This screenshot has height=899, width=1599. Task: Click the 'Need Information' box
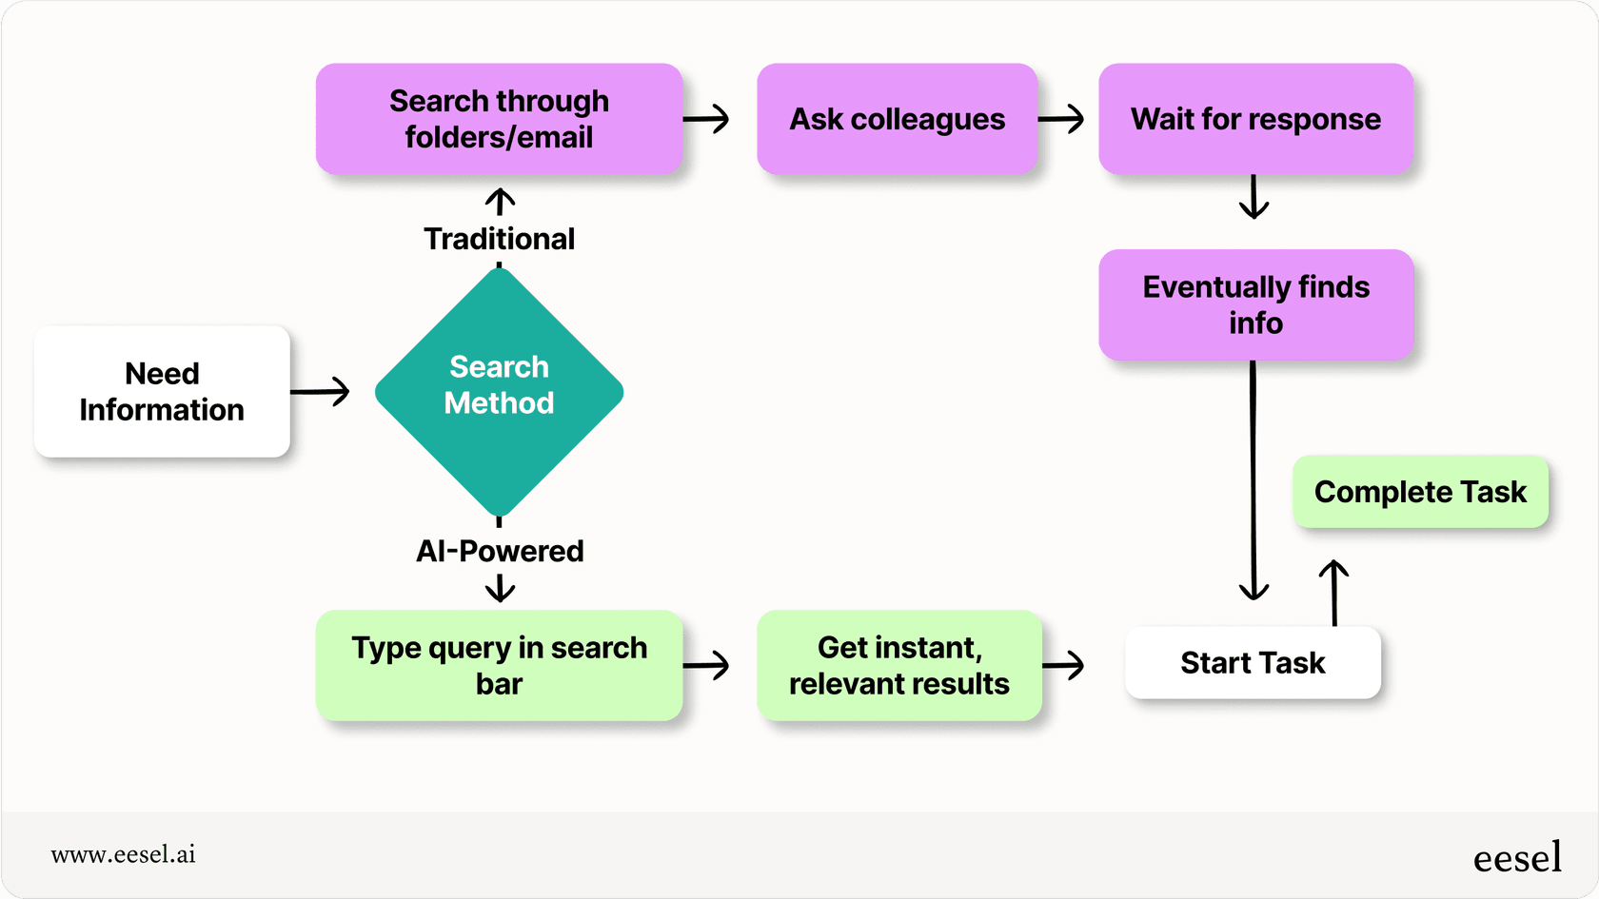[162, 391]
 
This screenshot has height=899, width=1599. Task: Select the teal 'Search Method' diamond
[499, 391]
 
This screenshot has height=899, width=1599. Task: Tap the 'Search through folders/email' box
[499, 119]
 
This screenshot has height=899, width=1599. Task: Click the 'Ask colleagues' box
[897, 119]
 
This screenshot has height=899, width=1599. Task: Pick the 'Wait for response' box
[1255, 119]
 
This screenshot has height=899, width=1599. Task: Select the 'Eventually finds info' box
[1255, 304]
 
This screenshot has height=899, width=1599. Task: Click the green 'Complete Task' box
[1420, 492]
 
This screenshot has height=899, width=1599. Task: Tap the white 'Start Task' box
[1253, 662]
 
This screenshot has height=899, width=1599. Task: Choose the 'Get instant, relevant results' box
[898, 665]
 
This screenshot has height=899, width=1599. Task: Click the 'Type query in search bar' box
[499, 665]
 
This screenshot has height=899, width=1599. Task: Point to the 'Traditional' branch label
[499, 239]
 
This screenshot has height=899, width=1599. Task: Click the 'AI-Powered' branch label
[499, 551]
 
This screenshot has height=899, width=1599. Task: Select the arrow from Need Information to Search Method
[321, 391]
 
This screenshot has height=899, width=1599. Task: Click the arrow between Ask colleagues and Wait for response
[1061, 119]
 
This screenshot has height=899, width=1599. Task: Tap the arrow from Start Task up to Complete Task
[1333, 592]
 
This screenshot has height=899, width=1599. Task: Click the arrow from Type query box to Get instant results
[706, 665]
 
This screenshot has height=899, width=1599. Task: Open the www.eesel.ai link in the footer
[124, 854]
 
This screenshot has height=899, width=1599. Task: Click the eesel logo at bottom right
[1517, 858]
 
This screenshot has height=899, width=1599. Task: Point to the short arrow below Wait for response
[1254, 197]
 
